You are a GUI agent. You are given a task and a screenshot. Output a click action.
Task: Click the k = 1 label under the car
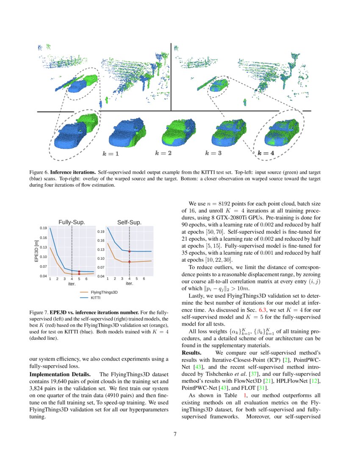pos(111,154)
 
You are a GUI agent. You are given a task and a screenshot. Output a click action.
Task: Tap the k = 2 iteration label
pos(163,153)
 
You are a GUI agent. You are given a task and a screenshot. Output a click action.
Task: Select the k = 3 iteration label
pos(213,153)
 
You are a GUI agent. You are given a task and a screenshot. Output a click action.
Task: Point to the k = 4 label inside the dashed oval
pos(266,153)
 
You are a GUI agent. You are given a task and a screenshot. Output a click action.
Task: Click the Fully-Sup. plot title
pos(72,222)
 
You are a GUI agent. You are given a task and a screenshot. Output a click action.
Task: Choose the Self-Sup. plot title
pos(129,222)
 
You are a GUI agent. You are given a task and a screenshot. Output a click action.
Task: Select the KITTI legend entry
pos(96,298)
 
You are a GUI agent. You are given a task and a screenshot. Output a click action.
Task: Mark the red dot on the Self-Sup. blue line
pos(129,252)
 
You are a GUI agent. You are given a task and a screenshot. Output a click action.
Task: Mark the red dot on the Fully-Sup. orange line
pos(79,274)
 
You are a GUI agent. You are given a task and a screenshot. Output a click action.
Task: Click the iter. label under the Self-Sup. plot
pos(129,283)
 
